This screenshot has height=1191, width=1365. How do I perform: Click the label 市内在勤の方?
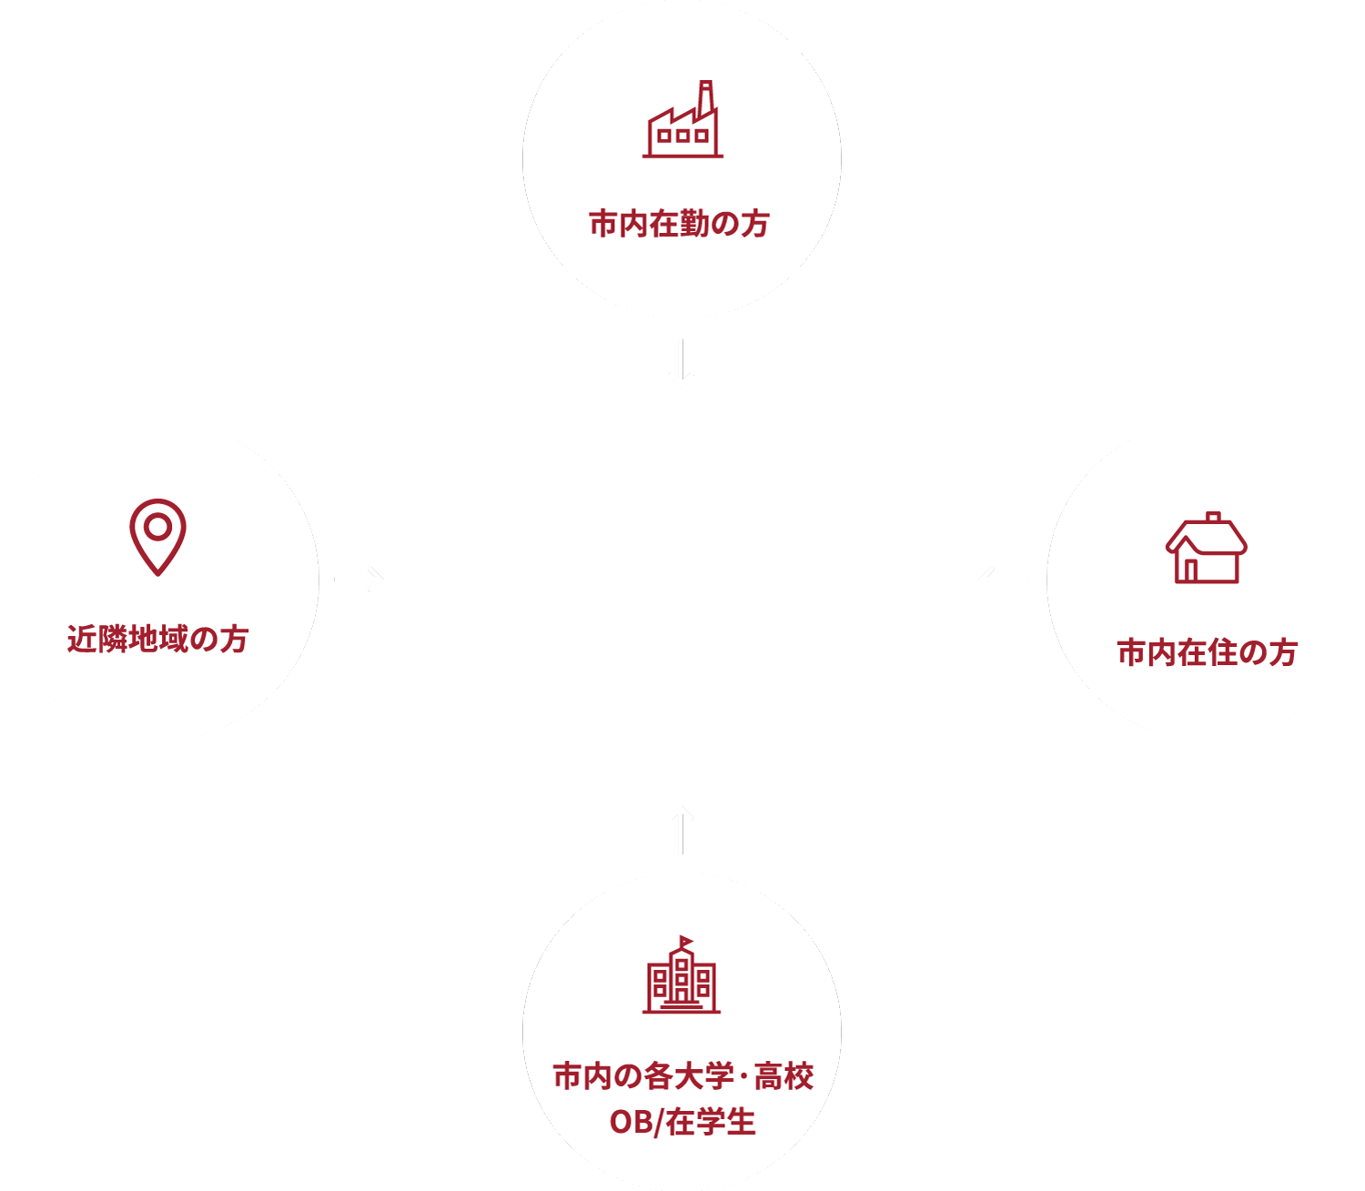680,223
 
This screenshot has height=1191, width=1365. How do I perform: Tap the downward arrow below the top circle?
681,364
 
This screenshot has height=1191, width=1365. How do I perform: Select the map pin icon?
157,536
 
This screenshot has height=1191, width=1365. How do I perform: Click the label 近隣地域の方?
157,639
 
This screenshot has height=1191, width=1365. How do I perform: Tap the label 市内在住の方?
1207,652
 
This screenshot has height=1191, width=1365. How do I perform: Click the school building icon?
681,976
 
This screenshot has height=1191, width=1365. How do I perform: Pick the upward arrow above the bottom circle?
681,829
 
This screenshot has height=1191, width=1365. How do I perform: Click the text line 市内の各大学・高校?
682,1076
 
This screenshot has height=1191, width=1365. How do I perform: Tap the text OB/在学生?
682,1122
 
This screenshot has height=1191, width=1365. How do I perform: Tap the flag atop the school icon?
686,941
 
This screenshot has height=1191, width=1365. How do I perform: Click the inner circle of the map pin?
157,527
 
